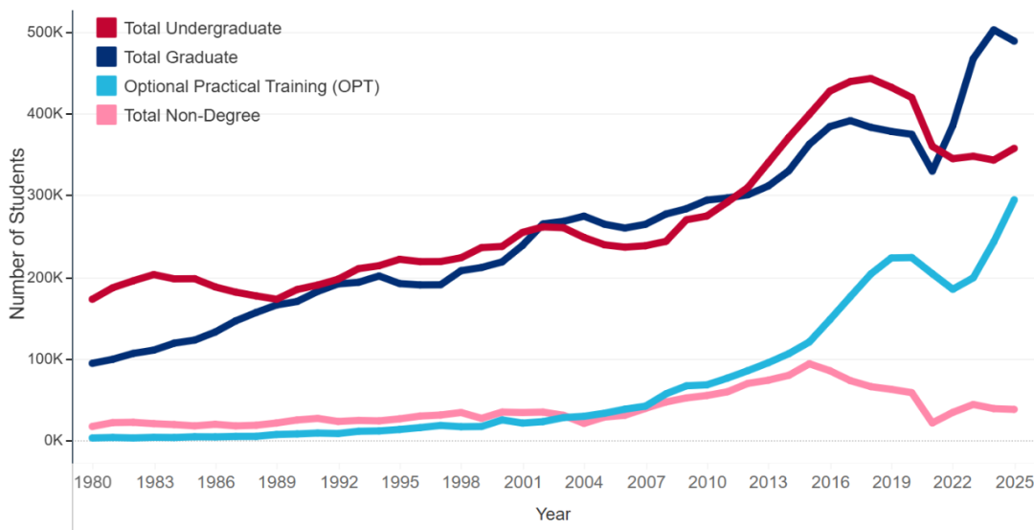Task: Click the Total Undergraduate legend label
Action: [x=202, y=28]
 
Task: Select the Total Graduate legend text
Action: [x=180, y=58]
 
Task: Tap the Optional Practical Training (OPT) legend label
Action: [x=252, y=86]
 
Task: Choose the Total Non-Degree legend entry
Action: [x=191, y=116]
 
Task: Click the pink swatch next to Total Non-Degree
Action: [x=107, y=116]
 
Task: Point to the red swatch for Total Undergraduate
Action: [x=107, y=28]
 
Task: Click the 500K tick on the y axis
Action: [x=44, y=33]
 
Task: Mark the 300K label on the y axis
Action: [x=44, y=196]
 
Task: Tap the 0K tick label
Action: [x=50, y=441]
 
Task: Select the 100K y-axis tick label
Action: [x=44, y=359]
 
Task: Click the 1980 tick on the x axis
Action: [x=92, y=481]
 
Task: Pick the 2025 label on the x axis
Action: [x=1013, y=481]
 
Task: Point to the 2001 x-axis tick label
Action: [x=522, y=481]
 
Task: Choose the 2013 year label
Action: [x=768, y=481]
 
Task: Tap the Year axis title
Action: [x=553, y=514]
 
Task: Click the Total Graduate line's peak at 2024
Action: [x=994, y=30]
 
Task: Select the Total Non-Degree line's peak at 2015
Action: [x=810, y=364]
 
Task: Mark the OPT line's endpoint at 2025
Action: [x=1014, y=199]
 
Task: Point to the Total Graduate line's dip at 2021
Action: [x=933, y=171]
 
